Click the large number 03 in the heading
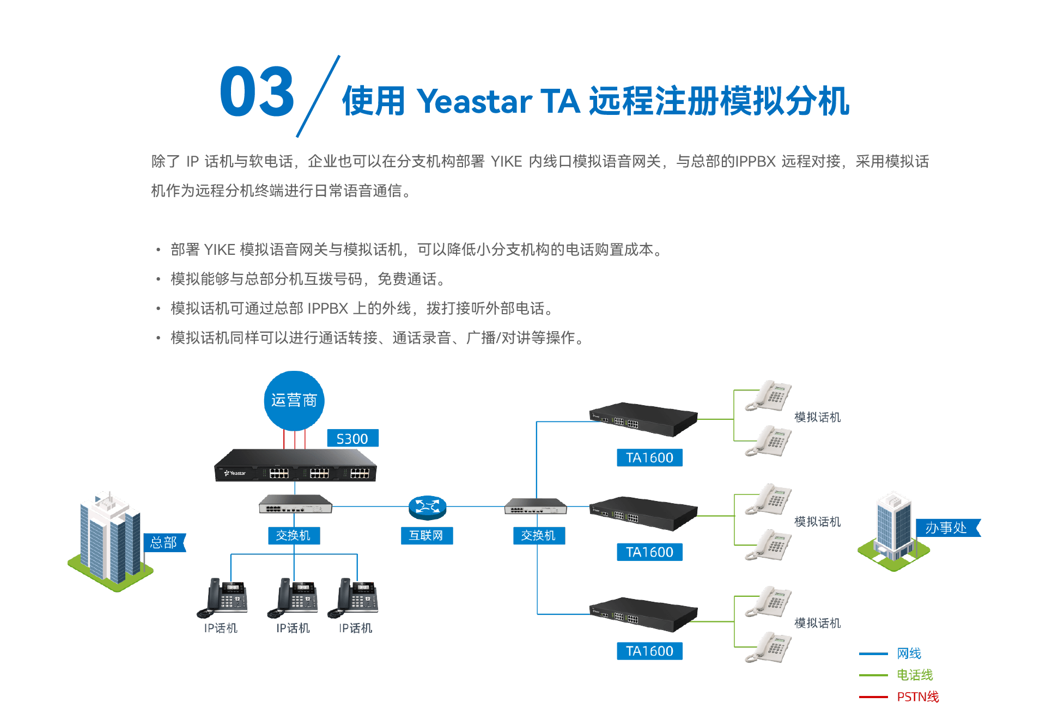(257, 92)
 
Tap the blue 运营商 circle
(294, 401)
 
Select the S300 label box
(352, 438)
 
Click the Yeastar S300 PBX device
(295, 466)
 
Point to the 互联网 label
(427, 535)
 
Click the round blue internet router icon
(427, 507)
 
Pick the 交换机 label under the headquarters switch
(294, 535)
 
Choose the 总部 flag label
(163, 542)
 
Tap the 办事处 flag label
(946, 528)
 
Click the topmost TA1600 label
(649, 458)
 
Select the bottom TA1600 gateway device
(643, 615)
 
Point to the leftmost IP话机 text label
(221, 628)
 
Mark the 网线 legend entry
(909, 653)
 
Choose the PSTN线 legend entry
(917, 697)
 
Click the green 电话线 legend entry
(915, 675)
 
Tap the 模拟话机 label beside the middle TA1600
(817, 522)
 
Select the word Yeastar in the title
(474, 101)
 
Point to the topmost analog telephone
(769, 395)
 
